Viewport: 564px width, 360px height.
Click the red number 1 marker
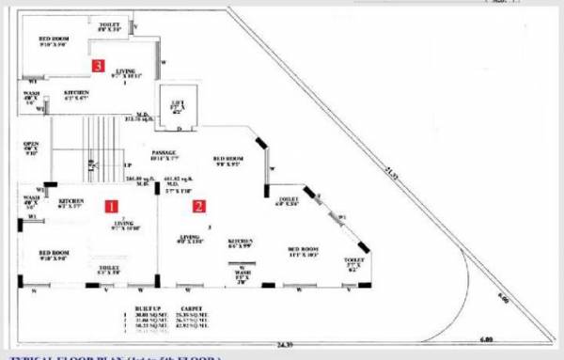click(109, 205)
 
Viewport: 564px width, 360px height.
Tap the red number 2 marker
click(199, 205)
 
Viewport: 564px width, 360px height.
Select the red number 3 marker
click(98, 65)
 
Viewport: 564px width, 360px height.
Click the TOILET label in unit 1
click(108, 268)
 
